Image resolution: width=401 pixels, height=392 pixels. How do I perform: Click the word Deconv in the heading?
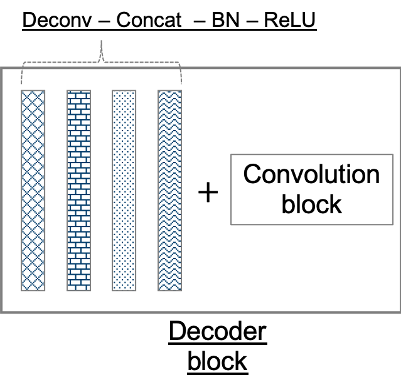[57, 20]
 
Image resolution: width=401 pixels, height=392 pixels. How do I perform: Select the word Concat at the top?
[149, 20]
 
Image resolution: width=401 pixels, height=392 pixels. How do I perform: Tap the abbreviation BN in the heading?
[225, 20]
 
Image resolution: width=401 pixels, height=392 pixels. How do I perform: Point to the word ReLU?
[290, 20]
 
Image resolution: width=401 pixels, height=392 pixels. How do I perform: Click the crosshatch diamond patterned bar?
[33, 191]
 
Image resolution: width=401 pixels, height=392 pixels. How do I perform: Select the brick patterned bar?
[79, 191]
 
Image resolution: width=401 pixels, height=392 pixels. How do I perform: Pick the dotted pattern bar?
[124, 191]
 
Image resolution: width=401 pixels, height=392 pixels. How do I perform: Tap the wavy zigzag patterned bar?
[170, 191]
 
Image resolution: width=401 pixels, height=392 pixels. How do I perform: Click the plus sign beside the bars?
[208, 192]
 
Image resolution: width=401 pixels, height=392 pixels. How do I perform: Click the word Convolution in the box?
[311, 174]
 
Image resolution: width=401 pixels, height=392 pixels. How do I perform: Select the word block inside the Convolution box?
[311, 204]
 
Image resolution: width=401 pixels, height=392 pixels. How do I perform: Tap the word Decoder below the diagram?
[218, 331]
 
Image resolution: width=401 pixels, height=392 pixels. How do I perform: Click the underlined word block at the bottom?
[218, 361]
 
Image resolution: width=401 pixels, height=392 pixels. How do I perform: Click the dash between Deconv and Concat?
[104, 21]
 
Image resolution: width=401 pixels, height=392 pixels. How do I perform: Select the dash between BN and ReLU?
[252, 21]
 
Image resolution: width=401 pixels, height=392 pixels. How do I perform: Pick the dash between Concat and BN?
[200, 21]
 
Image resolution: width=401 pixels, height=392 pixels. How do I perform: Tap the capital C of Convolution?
[252, 174]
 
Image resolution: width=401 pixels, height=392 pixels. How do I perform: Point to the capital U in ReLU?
[309, 20]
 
